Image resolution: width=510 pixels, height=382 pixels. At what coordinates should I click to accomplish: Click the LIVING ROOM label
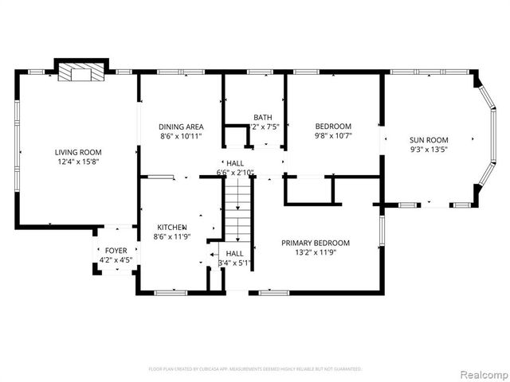click(78, 152)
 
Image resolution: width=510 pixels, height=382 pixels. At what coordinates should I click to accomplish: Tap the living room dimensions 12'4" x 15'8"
click(78, 162)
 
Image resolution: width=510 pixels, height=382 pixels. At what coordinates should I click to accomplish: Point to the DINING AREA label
click(181, 127)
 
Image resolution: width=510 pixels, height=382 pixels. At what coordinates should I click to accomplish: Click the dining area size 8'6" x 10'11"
click(181, 136)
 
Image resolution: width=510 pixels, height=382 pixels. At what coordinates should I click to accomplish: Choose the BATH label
click(262, 117)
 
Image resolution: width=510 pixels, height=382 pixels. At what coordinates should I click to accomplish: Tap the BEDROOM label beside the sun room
click(333, 126)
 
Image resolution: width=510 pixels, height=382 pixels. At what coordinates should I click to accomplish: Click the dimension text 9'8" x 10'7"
click(333, 135)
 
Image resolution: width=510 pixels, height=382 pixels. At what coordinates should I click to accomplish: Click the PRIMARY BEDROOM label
click(316, 243)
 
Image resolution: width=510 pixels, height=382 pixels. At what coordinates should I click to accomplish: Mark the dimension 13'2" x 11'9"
click(316, 252)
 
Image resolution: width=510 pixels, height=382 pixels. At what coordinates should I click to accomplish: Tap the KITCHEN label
click(171, 227)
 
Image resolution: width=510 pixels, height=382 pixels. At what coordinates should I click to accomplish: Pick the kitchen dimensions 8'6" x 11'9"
click(171, 236)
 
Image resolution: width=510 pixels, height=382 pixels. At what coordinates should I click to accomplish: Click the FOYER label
click(116, 251)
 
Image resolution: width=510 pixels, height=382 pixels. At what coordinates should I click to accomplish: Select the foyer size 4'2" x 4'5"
click(116, 260)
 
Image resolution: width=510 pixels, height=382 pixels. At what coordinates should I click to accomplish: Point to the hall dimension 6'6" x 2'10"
click(235, 172)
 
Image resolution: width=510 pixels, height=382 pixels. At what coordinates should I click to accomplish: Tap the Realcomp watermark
click(481, 373)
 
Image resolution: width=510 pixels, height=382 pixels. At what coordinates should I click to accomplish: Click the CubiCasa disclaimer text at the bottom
click(255, 369)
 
